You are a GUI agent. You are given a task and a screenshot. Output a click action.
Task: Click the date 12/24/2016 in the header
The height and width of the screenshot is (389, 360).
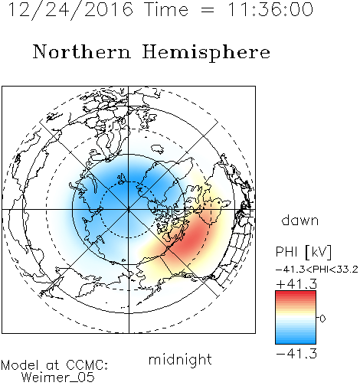(x=70, y=10)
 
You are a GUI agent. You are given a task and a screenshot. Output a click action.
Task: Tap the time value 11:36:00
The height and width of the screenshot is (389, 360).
(x=270, y=9)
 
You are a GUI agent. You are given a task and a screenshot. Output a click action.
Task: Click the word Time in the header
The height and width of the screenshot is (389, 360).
(x=166, y=9)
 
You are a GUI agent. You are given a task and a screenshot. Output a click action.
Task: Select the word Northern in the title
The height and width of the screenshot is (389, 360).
(x=82, y=51)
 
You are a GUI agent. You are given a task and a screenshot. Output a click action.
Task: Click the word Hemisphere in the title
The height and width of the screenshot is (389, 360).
(x=206, y=53)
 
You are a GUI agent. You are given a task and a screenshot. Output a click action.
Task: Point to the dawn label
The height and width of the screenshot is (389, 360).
(x=300, y=220)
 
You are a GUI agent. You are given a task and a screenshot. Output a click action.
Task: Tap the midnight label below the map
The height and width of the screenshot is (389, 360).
(x=180, y=359)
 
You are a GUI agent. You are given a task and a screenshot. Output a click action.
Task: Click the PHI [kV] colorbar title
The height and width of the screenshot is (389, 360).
(x=303, y=252)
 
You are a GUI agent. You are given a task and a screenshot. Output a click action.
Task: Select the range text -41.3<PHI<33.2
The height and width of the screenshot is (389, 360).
(x=317, y=270)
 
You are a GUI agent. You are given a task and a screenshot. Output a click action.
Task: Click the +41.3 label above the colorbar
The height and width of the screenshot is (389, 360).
(x=296, y=284)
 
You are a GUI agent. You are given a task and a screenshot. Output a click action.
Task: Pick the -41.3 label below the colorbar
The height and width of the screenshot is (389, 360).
(x=296, y=354)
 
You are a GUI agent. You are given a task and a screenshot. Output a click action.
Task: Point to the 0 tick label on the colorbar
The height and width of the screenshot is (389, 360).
(x=322, y=319)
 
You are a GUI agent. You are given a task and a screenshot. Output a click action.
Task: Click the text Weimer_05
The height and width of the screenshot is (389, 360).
(x=58, y=378)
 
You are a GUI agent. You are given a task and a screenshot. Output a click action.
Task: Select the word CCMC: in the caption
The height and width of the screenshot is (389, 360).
(x=87, y=365)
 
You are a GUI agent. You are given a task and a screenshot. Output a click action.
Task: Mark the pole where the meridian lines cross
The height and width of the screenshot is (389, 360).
(x=129, y=209)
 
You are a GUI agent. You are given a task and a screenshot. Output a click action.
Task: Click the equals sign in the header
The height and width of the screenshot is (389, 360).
(x=208, y=10)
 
